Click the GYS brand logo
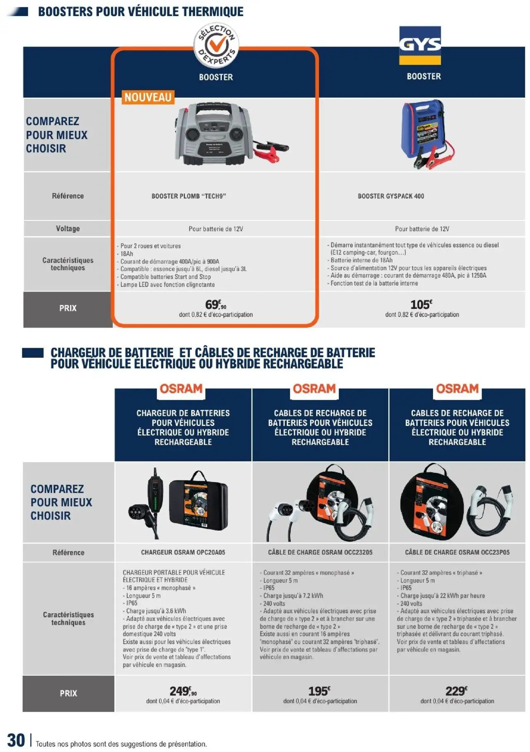coord(420,45)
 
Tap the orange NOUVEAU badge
coord(148,97)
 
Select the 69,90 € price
coord(216,305)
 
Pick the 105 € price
coord(421,305)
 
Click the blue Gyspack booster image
coord(425,134)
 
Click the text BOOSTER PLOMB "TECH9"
coord(188,196)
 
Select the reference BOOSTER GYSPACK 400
coord(391,196)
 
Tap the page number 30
coord(16,740)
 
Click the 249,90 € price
coord(183,691)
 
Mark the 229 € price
coord(456,691)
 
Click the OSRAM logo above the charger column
coord(181,389)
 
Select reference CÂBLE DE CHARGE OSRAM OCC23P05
coord(457,552)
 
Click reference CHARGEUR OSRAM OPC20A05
coord(183,552)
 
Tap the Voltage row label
coord(68,228)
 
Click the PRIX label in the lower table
coord(68,693)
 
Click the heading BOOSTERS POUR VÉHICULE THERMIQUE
coord(141,12)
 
